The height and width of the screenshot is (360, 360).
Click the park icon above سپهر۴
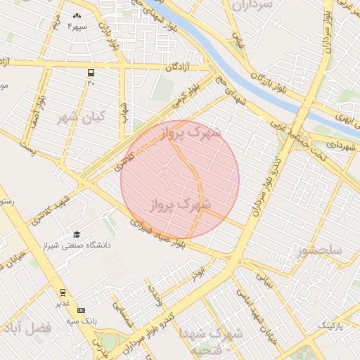click(x=77, y=15)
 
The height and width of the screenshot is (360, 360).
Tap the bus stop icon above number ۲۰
click(x=91, y=72)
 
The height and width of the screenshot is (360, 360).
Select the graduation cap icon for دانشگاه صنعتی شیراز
click(x=76, y=235)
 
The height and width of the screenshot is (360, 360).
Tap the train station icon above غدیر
click(x=63, y=292)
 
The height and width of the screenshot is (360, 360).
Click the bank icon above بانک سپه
click(x=81, y=309)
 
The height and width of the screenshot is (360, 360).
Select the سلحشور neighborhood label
click(x=320, y=250)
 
